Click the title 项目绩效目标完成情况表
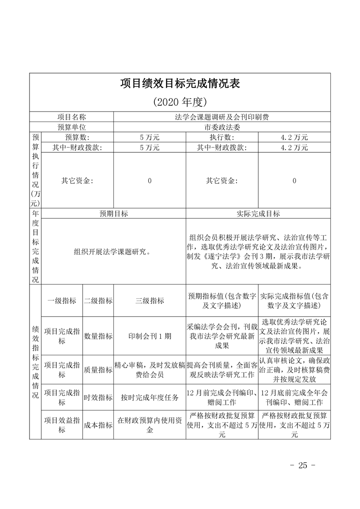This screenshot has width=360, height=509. (180, 84)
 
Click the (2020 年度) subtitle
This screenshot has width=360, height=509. (180, 101)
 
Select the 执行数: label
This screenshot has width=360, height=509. (222, 137)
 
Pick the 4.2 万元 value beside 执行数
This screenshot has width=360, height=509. (294, 137)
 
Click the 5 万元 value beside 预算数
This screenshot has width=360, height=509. (149, 137)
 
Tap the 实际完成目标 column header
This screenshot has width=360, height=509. (258, 214)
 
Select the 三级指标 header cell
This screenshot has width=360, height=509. (149, 300)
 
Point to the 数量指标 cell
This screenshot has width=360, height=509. (98, 336)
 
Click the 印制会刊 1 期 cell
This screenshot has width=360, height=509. (149, 336)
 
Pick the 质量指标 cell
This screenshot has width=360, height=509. (98, 370)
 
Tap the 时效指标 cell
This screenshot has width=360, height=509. (98, 398)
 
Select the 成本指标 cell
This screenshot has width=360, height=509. (98, 425)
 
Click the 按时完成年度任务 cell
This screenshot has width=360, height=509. (149, 398)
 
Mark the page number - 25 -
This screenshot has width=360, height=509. (302, 465)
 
